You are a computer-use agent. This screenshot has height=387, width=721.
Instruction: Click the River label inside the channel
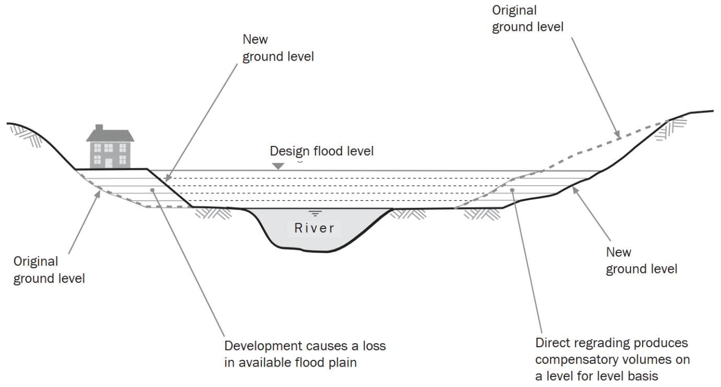tap(314, 228)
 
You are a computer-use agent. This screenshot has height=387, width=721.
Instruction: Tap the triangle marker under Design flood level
tap(278, 166)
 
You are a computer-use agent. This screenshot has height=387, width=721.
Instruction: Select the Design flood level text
tap(321, 151)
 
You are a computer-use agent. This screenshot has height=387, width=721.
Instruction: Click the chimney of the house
tap(99, 128)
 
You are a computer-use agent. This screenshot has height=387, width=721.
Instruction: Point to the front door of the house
tap(108, 163)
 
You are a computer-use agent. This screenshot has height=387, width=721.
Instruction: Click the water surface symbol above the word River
tap(314, 213)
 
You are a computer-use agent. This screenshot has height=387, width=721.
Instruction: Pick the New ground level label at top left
tap(277, 48)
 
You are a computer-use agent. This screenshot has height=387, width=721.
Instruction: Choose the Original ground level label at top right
tap(527, 19)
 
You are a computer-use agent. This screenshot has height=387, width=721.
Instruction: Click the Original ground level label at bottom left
tap(49, 270)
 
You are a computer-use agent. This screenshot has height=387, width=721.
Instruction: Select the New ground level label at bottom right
tap(641, 260)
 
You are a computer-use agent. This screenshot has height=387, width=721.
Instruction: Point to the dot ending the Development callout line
tap(152, 190)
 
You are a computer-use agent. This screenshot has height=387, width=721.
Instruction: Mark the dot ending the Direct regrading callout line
tap(513, 190)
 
